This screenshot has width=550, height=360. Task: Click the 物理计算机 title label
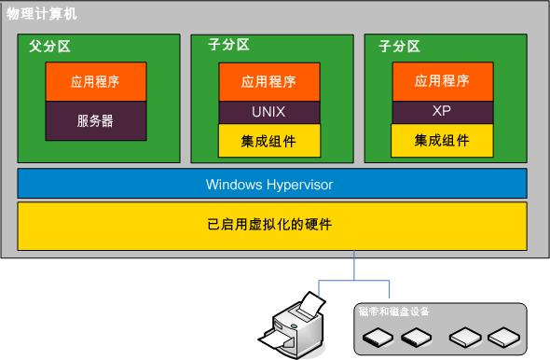click(x=43, y=14)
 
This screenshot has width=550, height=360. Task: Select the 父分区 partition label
click(x=50, y=45)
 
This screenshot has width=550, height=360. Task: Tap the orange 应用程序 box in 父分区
click(x=95, y=81)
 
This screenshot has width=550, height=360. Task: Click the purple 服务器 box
click(x=95, y=120)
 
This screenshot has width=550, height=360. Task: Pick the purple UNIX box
click(x=269, y=111)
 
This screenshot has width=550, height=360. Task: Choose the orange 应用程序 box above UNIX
click(x=269, y=81)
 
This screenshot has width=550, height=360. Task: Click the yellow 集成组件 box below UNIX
click(x=269, y=141)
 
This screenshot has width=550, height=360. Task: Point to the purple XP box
click(x=442, y=111)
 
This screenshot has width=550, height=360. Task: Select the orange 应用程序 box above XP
click(x=442, y=81)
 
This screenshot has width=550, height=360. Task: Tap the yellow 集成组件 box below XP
click(x=442, y=141)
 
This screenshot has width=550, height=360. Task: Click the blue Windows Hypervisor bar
click(x=271, y=184)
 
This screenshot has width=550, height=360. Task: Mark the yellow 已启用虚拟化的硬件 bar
click(x=271, y=226)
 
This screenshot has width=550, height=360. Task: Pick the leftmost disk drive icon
click(x=378, y=336)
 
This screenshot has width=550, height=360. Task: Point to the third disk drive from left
click(x=463, y=336)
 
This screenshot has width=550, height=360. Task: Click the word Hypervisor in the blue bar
click(x=299, y=185)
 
